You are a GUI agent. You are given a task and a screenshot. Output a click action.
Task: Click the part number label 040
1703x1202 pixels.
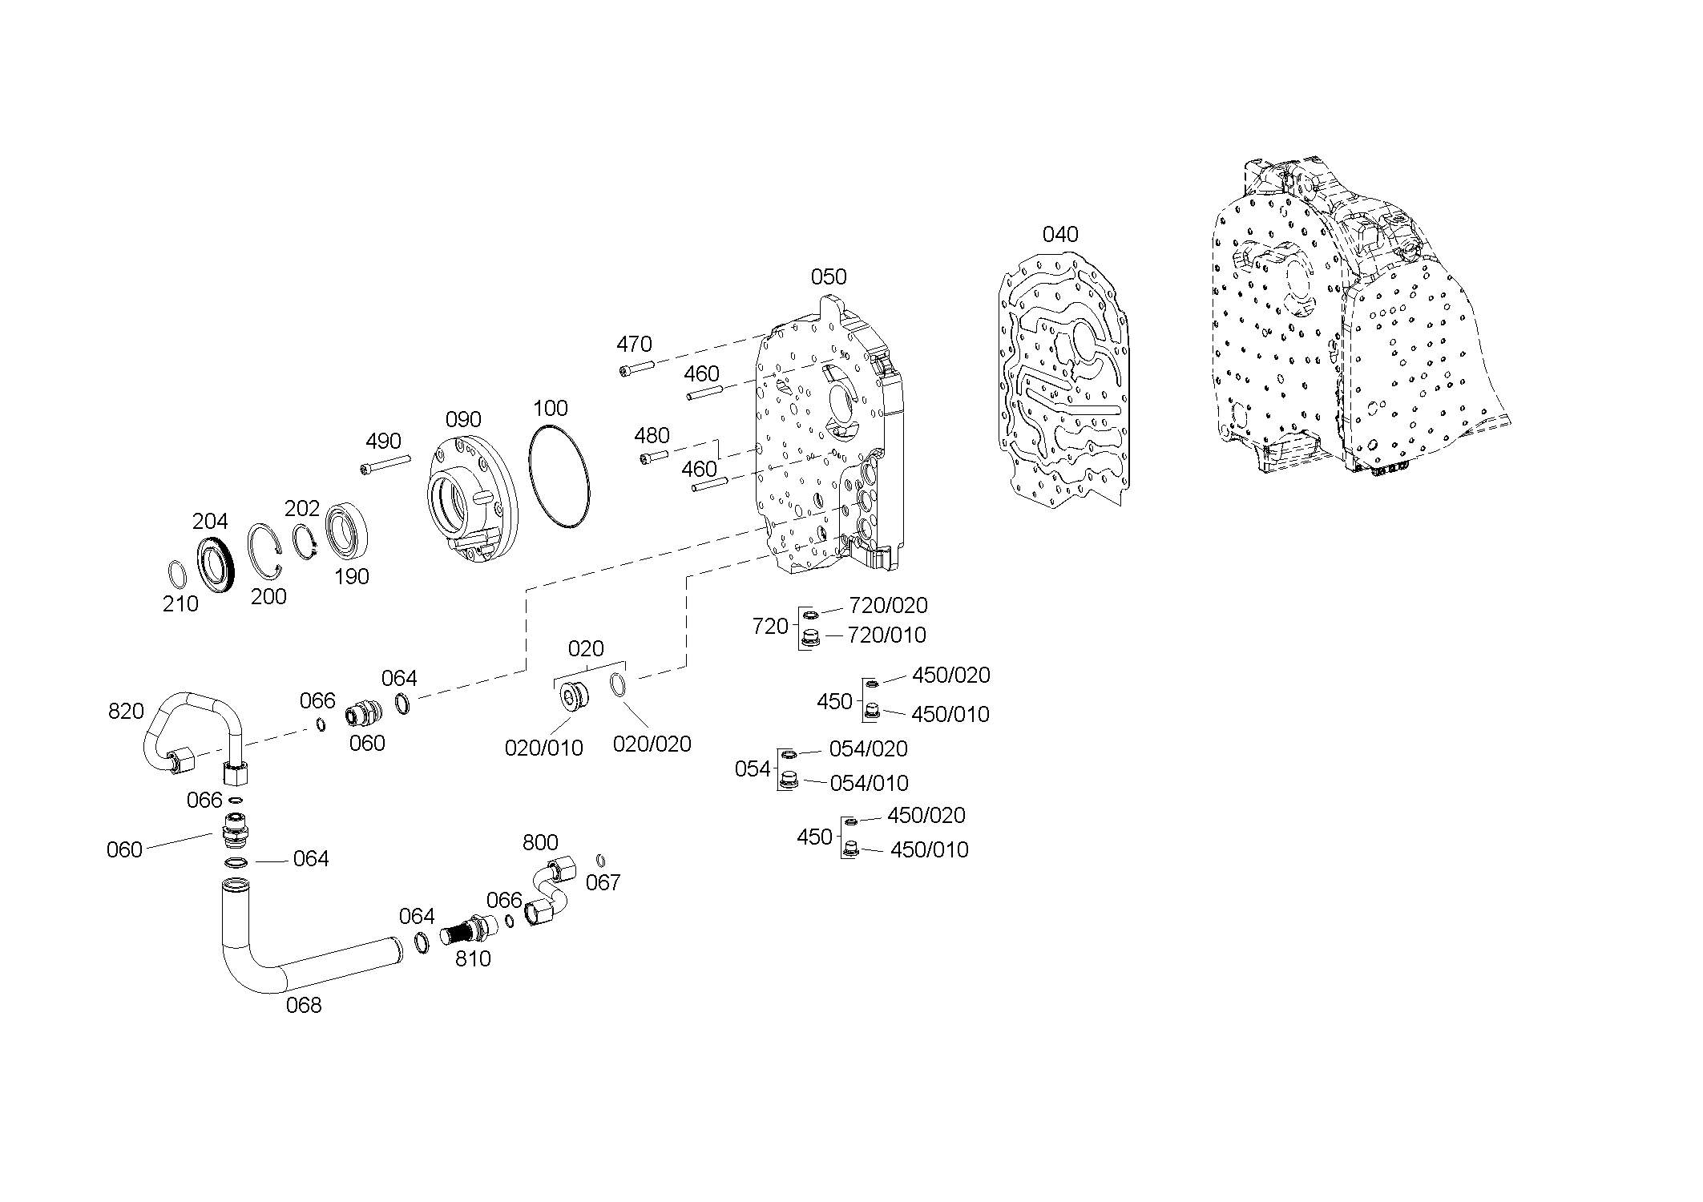[1060, 234]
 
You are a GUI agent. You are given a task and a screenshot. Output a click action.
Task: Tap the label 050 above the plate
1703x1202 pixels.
[829, 276]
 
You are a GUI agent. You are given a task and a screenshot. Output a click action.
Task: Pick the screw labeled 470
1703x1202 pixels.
[637, 368]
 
